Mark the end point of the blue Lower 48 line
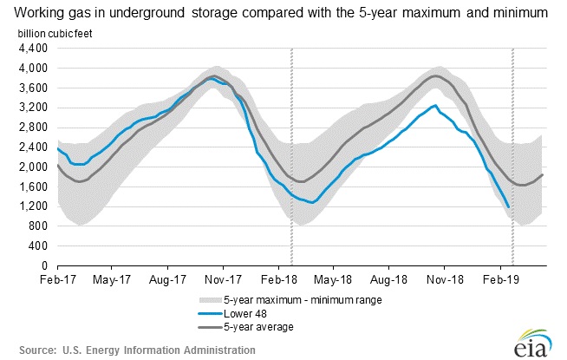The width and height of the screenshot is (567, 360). click(508, 206)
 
